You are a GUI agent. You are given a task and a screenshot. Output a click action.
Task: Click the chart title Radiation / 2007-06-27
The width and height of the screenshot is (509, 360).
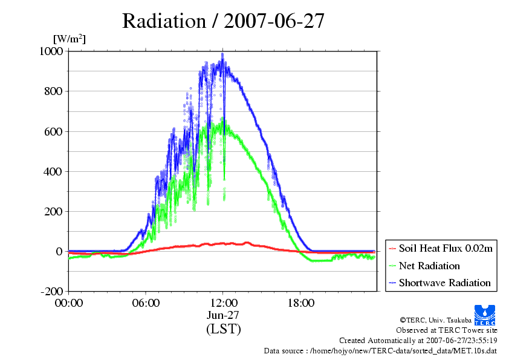(223, 21)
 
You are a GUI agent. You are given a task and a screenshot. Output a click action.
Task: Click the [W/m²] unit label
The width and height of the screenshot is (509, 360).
(69, 39)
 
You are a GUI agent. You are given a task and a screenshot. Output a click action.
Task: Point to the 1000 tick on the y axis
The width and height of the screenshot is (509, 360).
(51, 51)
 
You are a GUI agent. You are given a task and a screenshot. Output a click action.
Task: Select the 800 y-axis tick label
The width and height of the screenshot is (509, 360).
(54, 91)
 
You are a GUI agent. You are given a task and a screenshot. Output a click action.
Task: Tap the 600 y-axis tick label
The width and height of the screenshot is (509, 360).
(54, 131)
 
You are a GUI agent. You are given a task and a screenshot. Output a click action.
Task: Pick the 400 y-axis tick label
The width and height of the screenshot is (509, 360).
(53, 171)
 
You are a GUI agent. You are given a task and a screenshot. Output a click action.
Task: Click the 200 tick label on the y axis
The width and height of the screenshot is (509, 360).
(54, 212)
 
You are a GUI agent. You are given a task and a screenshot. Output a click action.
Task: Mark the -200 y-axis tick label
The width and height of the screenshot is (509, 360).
(51, 291)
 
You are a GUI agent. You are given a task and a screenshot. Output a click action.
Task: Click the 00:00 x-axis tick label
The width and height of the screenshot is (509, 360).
(69, 303)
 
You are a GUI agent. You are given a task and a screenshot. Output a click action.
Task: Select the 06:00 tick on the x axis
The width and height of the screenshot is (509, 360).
(146, 303)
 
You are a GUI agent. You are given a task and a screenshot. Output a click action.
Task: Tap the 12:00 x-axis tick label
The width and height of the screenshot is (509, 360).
(223, 303)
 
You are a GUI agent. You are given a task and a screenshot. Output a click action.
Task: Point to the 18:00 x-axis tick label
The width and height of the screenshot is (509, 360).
(300, 303)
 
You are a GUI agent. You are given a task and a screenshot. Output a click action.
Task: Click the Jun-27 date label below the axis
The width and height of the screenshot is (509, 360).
(223, 315)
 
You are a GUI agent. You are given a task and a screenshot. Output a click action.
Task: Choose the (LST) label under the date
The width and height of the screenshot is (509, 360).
(224, 329)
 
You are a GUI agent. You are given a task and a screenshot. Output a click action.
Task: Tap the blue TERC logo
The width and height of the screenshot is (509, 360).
(485, 315)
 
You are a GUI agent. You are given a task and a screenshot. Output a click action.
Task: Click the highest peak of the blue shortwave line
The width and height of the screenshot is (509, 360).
(222, 54)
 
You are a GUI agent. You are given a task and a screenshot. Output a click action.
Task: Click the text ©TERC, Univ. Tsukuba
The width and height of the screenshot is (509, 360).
(436, 320)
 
